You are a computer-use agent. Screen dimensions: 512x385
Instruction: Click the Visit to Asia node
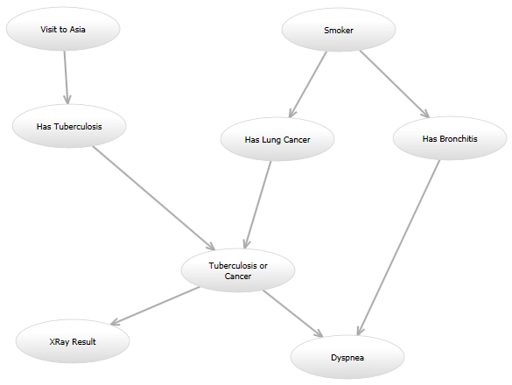63,29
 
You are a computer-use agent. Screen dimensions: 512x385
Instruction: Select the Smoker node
339,30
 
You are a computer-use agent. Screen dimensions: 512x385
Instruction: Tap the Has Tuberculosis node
69,126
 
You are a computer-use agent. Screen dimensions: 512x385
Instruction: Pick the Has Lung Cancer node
277,139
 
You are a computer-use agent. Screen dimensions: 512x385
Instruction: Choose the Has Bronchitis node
450,138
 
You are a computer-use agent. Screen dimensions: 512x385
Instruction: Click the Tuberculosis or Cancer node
238,270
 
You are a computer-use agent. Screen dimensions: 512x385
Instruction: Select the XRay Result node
73,341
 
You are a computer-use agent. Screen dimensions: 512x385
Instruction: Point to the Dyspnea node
347,357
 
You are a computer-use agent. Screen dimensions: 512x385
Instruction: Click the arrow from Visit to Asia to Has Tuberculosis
66,78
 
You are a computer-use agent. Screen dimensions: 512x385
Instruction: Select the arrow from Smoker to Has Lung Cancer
307,84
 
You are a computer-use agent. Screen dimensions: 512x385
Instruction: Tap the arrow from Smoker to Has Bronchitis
395,84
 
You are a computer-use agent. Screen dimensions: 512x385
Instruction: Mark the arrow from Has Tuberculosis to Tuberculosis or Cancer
154,199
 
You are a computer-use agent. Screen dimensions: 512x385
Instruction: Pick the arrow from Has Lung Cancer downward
258,205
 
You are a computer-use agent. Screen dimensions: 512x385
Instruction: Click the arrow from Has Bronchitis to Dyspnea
399,248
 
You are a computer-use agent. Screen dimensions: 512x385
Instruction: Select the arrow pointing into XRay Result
156,306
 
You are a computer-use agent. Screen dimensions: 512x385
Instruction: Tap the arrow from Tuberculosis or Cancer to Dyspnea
293,313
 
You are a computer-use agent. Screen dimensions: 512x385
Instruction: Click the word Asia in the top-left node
78,30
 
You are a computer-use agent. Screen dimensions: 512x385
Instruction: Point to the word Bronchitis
459,139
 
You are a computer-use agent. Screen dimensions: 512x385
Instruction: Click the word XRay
60,342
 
